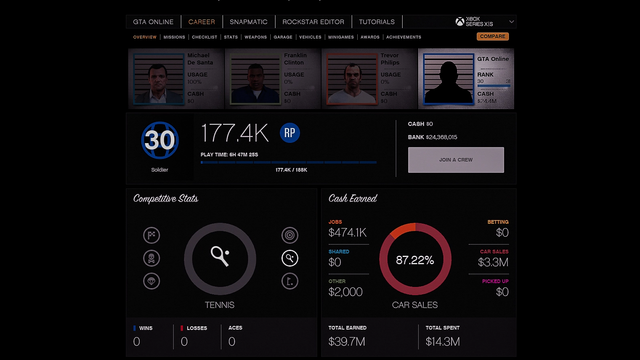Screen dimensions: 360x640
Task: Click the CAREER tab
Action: [201, 22]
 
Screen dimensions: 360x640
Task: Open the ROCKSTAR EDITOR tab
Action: [313, 22]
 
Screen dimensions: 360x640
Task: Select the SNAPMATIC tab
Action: [248, 22]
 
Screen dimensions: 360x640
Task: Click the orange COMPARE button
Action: [492, 36]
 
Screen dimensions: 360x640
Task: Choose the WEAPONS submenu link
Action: [255, 37]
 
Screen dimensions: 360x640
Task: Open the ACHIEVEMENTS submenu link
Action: [403, 37]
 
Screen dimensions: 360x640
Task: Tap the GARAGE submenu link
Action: [283, 37]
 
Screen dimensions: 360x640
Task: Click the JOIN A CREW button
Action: [456, 160]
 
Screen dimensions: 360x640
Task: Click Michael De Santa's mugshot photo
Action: [158, 79]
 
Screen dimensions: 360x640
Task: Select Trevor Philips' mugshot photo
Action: [352, 79]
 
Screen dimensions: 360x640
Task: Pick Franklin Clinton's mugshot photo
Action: [255, 79]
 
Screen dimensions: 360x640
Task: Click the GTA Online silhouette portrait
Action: [448, 79]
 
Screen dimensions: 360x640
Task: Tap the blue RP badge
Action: [290, 133]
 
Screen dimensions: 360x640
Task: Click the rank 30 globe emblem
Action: [160, 140]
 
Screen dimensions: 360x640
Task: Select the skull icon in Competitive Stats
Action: [152, 258]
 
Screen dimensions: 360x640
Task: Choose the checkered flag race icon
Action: [152, 235]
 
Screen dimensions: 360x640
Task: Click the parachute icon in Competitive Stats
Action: [152, 281]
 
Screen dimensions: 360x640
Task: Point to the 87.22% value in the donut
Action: [415, 260]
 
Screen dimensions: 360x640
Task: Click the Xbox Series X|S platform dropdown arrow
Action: [511, 22]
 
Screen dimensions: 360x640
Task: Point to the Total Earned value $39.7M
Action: [346, 342]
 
